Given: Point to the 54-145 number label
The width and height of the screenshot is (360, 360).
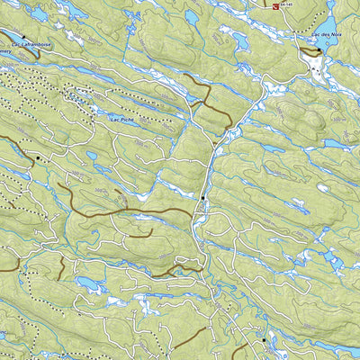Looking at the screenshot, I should pyautogui.click(x=287, y=5).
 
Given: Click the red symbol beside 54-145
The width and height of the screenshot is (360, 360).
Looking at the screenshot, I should pyautogui.click(x=274, y=4).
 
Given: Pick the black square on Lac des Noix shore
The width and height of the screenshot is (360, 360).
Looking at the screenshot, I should pyautogui.click(x=319, y=51).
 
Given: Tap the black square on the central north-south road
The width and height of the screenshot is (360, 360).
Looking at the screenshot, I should pyautogui.click(x=203, y=197).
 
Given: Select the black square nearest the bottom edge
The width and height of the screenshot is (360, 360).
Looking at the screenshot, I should pyautogui.click(x=263, y=340).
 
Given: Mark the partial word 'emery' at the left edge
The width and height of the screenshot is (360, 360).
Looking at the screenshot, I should pyautogui.click(x=5, y=51).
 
